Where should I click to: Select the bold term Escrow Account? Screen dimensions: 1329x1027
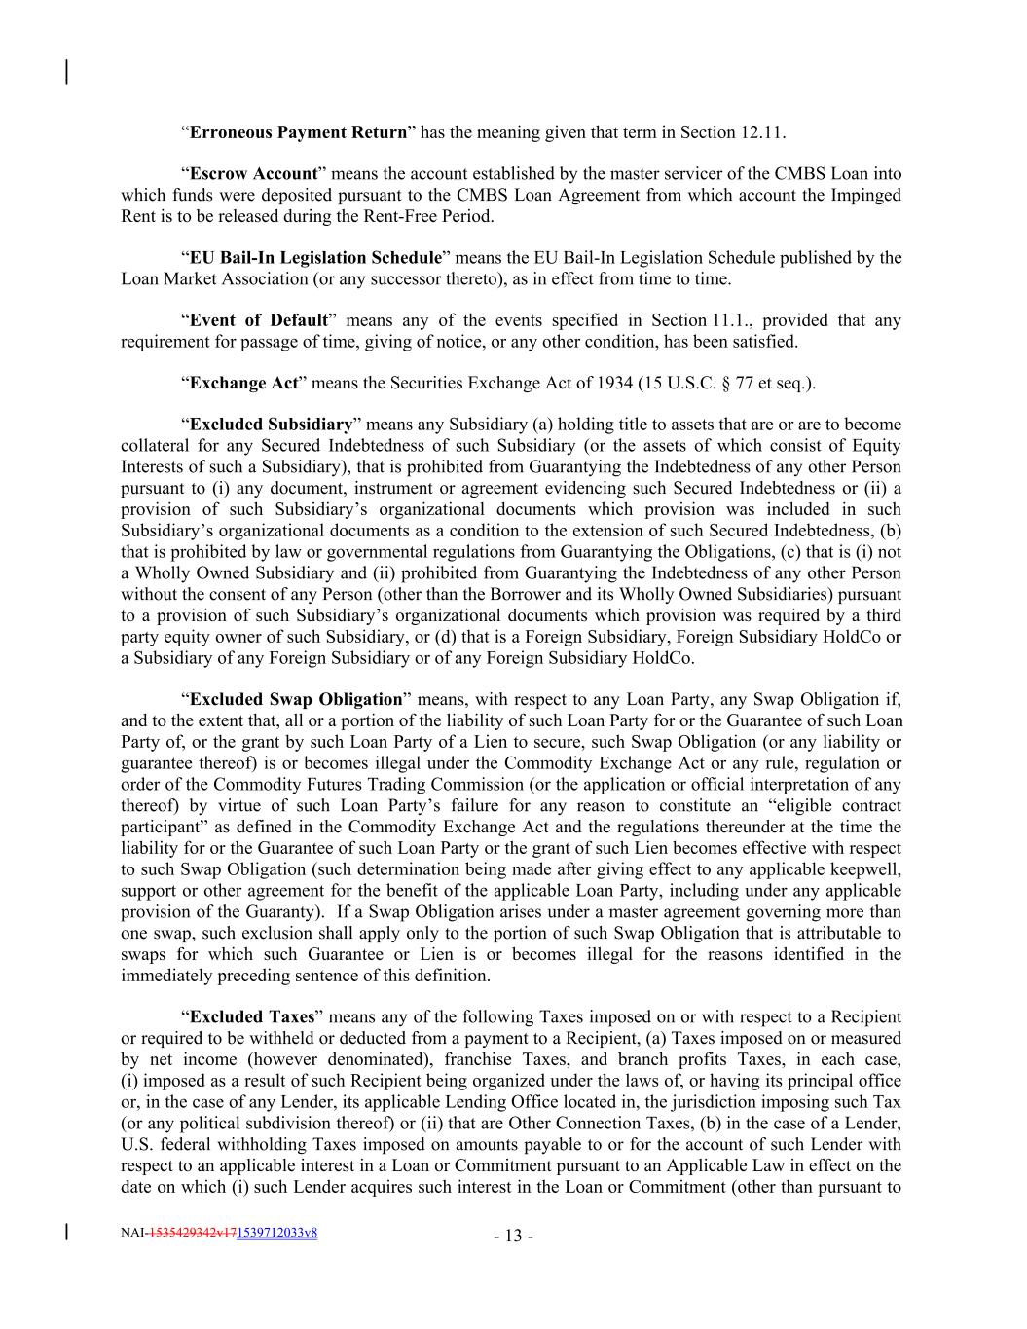pyautogui.click(x=254, y=174)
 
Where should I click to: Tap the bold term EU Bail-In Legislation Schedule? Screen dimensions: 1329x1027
pyautogui.click(x=315, y=258)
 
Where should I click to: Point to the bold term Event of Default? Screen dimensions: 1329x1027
pyautogui.click(x=258, y=320)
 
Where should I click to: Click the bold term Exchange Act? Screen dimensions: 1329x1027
pyautogui.click(x=243, y=383)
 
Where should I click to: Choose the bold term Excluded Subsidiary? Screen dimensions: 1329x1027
pyautogui.click(x=271, y=425)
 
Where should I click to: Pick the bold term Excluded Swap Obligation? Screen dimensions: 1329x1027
pyautogui.click(x=296, y=699)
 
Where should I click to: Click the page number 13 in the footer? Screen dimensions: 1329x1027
pyautogui.click(x=513, y=1237)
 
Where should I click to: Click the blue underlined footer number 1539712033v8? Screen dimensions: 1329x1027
pyautogui.click(x=276, y=1233)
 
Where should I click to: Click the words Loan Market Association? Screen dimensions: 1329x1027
pyautogui.click(x=210, y=279)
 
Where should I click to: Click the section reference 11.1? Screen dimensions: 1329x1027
pyautogui.click(x=722, y=320)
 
